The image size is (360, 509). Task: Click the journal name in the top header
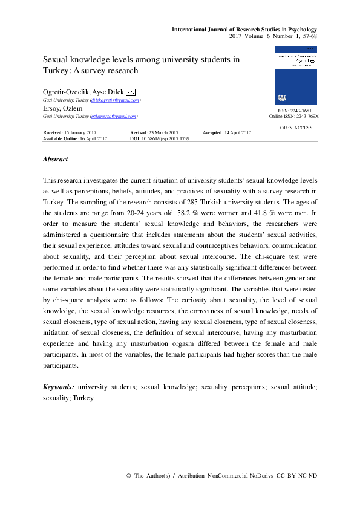tap(244, 29)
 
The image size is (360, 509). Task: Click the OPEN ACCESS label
tap(296, 128)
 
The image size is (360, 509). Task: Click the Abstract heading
tap(55, 160)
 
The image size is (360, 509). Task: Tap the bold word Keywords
tap(59, 386)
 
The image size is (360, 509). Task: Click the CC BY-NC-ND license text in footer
tap(296, 476)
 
